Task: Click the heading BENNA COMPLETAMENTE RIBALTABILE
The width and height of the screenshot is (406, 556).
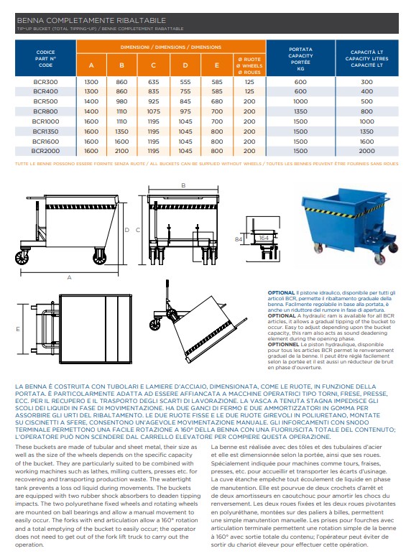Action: (91, 20)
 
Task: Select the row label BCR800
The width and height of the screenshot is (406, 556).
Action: (45, 111)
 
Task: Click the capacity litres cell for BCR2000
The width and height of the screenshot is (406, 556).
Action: (366, 151)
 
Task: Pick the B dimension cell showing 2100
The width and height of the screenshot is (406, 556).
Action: (121, 151)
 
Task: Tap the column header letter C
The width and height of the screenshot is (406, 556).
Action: (154, 65)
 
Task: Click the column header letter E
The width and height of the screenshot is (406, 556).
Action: (217, 65)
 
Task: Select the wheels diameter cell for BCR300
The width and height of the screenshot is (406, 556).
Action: (249, 82)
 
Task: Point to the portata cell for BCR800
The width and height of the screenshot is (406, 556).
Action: (300, 111)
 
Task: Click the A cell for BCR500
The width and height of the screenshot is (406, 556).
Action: (91, 101)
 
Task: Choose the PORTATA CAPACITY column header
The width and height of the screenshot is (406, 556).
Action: (300, 59)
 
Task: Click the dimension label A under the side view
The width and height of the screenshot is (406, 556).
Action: (69, 277)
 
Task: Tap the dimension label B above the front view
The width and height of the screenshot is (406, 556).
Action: (183, 185)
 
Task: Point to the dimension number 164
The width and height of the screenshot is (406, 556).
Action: (264, 238)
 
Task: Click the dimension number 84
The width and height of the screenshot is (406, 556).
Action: (239, 239)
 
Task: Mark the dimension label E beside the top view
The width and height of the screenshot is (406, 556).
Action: (18, 329)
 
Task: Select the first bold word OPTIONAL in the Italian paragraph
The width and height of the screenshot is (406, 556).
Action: (281, 293)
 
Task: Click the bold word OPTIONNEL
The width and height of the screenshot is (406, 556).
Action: (283, 344)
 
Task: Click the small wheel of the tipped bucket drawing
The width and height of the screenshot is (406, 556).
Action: (154, 325)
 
